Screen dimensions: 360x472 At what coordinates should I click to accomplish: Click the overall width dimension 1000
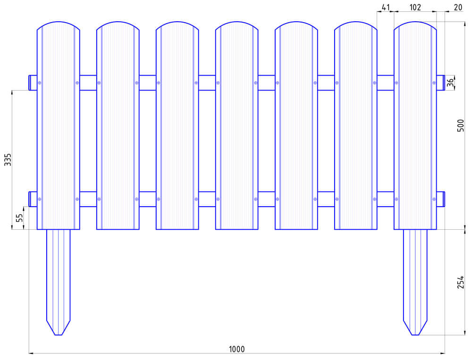tap(236, 349)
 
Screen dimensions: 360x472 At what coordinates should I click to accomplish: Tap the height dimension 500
tap(461, 125)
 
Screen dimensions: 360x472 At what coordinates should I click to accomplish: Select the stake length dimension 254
tap(461, 282)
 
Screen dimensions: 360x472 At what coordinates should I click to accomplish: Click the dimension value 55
tap(19, 218)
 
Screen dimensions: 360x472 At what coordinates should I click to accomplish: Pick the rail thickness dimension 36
tap(450, 83)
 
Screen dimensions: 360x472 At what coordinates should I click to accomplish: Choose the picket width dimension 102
tap(415, 7)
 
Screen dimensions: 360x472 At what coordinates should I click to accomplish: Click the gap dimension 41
tap(385, 7)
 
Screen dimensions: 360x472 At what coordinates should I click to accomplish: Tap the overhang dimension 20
tap(457, 7)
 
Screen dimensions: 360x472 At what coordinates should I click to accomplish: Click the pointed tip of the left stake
tap(59, 334)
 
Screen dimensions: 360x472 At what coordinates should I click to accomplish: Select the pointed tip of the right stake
tap(415, 334)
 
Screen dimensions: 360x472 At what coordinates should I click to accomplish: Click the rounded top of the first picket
tap(59, 22)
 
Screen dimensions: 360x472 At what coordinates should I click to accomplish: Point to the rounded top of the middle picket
tap(237, 22)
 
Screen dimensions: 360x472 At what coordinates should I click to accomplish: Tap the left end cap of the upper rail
tap(33, 83)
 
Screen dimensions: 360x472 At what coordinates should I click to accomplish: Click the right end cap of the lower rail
tap(440, 199)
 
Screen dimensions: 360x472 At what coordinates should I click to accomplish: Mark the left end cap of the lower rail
tap(33, 199)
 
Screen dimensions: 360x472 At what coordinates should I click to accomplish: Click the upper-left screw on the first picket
tap(40, 83)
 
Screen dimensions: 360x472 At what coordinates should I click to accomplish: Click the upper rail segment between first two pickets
tap(88, 83)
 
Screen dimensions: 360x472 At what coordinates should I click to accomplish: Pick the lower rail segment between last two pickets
tap(386, 199)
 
